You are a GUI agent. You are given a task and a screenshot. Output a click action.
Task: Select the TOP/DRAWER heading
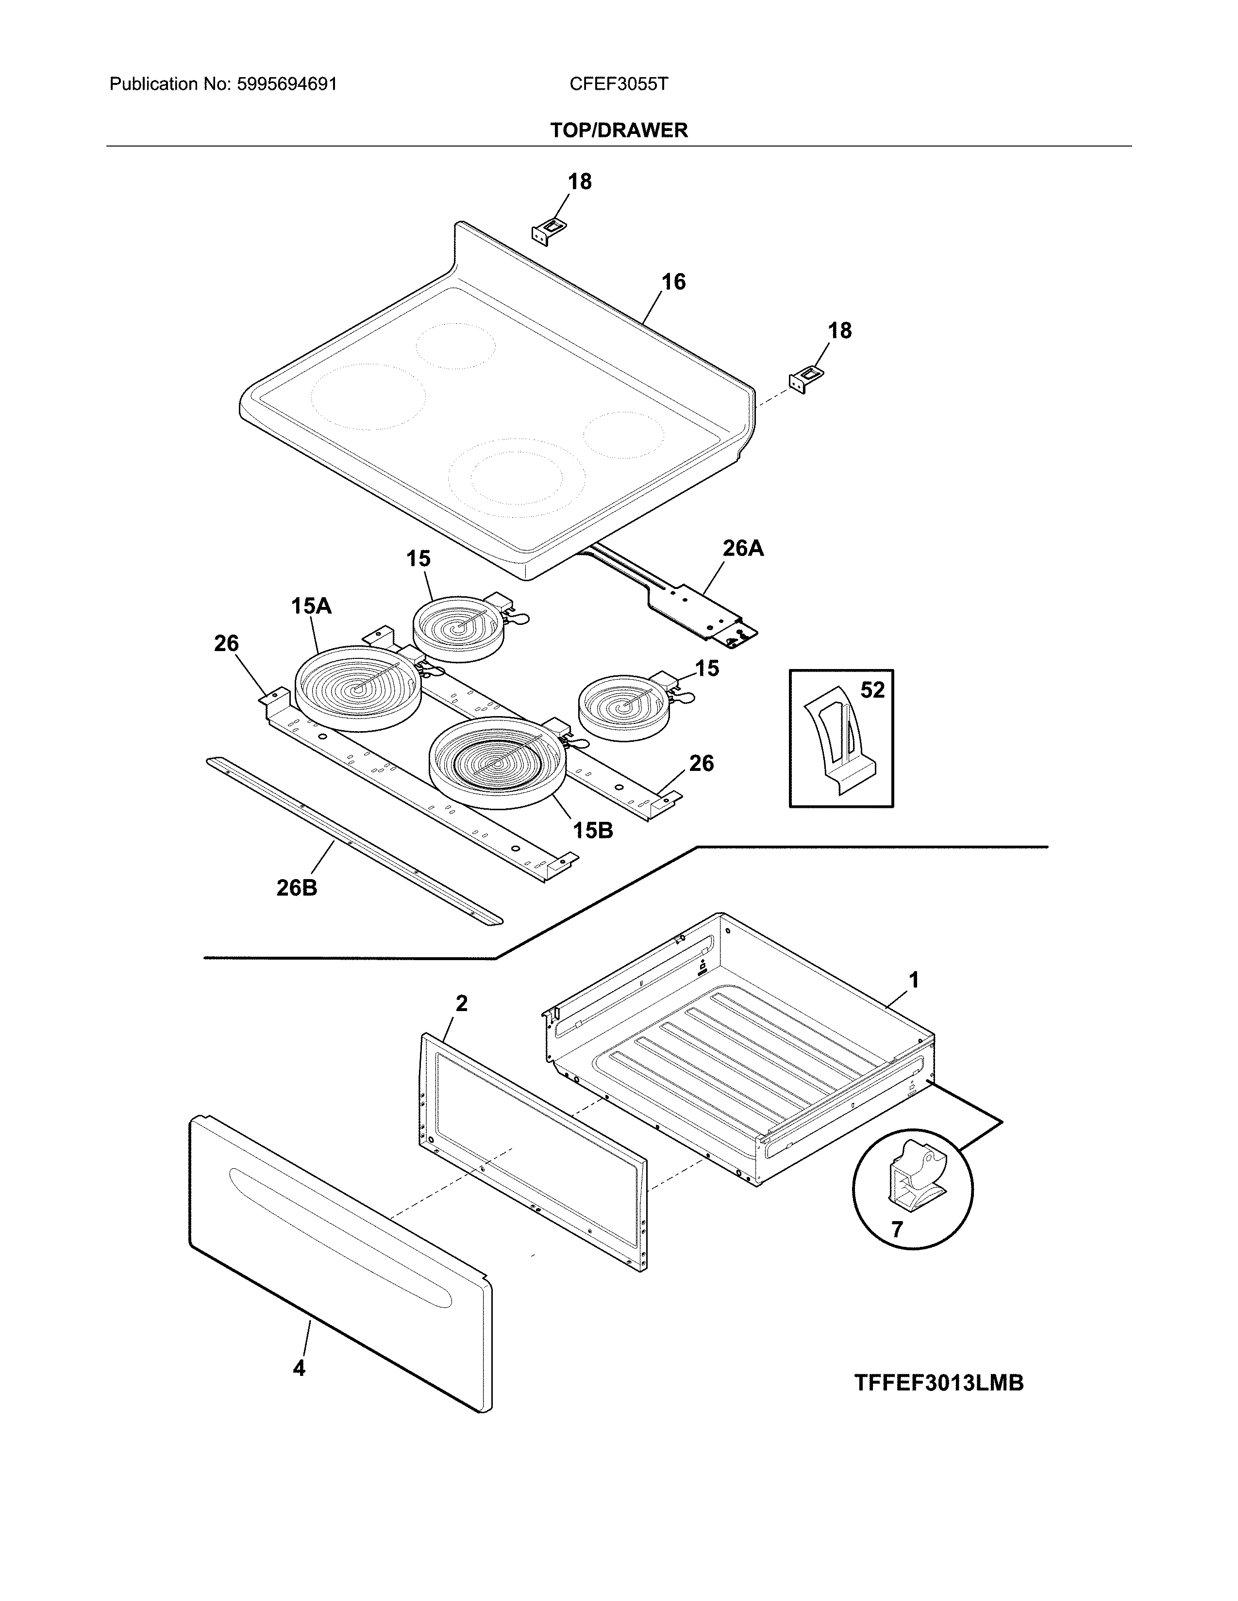click(x=618, y=131)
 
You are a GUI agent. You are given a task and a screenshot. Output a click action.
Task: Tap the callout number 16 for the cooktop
click(x=672, y=282)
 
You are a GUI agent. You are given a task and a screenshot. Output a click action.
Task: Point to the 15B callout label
click(x=593, y=831)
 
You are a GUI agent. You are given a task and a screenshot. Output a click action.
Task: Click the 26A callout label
click(x=743, y=548)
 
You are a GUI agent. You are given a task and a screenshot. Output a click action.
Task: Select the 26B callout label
click(x=297, y=888)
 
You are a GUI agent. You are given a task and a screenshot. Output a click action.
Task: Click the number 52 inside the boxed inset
click(x=872, y=690)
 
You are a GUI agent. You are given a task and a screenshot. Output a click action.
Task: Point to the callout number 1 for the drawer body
click(x=914, y=980)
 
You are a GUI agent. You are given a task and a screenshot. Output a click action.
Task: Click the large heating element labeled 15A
click(x=357, y=687)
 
